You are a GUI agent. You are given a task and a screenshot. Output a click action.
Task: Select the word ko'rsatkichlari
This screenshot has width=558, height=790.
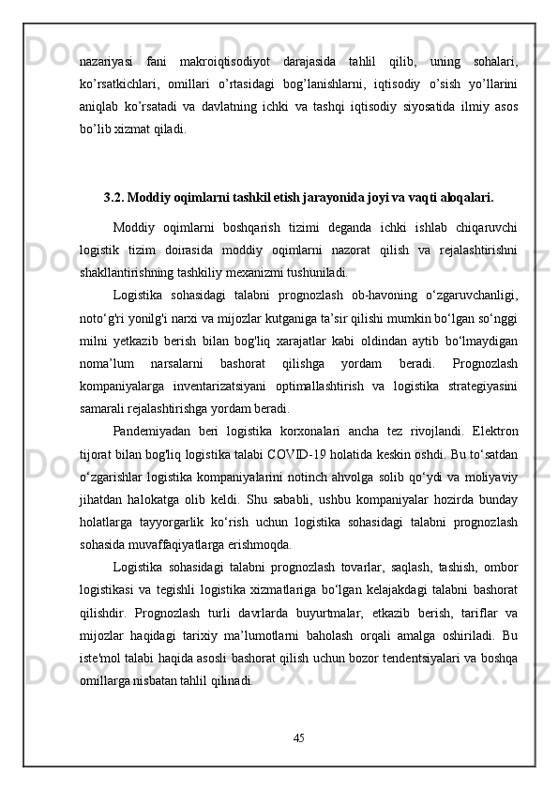pyautogui.click(x=115, y=84)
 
